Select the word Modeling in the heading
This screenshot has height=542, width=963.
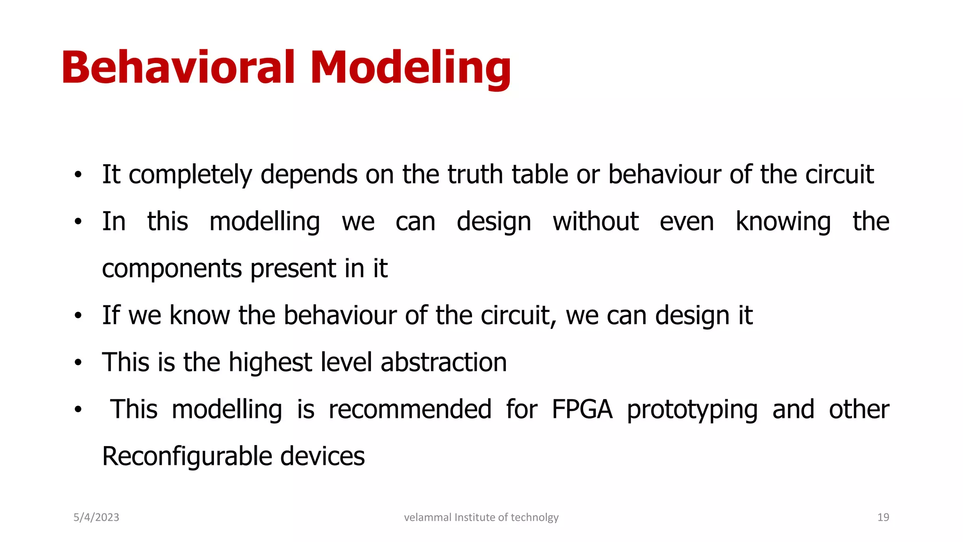coord(410,68)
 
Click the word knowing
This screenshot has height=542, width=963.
coord(783,222)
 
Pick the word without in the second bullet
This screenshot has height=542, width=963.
coord(595,221)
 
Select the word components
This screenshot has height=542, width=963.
coord(172,269)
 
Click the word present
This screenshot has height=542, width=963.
coord(293,269)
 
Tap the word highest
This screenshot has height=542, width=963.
coord(270,363)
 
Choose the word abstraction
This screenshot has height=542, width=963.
coord(443,362)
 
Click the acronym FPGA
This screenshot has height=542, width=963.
coord(582,409)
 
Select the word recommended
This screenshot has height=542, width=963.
coord(410,409)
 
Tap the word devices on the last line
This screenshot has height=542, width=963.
coord(323,456)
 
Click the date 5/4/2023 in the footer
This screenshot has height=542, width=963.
coord(96,518)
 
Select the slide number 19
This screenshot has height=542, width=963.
coord(883,518)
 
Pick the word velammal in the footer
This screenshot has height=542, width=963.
coord(427,518)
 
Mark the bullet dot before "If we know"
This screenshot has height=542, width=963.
coord(78,316)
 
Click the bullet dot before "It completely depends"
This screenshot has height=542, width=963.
coord(78,175)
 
